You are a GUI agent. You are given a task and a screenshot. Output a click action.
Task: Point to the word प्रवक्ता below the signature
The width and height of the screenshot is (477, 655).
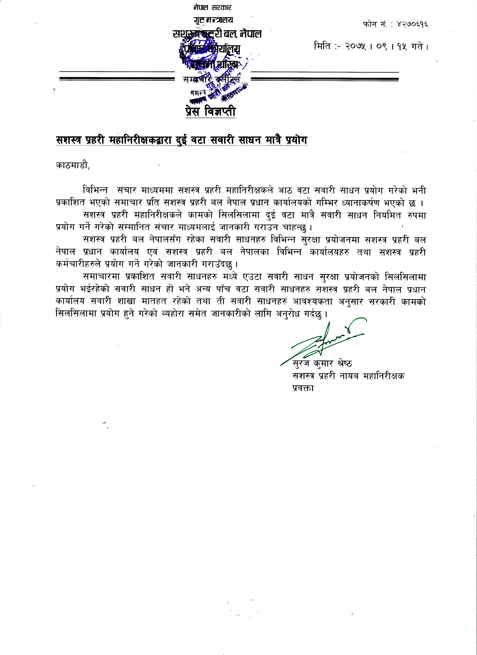tap(303, 388)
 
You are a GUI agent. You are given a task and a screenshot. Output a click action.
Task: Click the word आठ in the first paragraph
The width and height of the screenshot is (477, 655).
tap(285, 191)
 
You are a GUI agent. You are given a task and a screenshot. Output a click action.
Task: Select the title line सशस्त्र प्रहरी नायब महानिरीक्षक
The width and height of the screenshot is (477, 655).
tap(348, 376)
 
